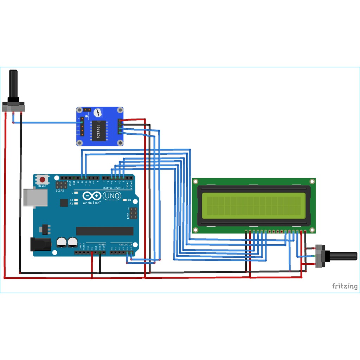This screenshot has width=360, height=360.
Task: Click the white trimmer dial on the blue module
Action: [x=98, y=113]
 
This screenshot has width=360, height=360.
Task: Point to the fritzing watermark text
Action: [x=345, y=286]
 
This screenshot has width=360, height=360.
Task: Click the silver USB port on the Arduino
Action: [x=35, y=197]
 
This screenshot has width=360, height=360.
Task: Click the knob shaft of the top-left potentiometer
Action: [x=14, y=84]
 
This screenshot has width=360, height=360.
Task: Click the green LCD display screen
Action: [x=253, y=206]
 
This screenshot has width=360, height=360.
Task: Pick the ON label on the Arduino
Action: [x=129, y=200]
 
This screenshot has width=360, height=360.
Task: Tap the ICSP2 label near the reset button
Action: [x=60, y=191]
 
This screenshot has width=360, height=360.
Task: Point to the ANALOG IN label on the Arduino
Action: [x=126, y=244]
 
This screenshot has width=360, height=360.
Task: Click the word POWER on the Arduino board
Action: [x=102, y=244]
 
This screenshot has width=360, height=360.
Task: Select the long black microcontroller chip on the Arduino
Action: [x=105, y=231]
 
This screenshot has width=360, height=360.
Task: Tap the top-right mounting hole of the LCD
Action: [x=311, y=181]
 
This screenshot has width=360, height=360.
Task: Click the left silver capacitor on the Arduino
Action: [x=62, y=242]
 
